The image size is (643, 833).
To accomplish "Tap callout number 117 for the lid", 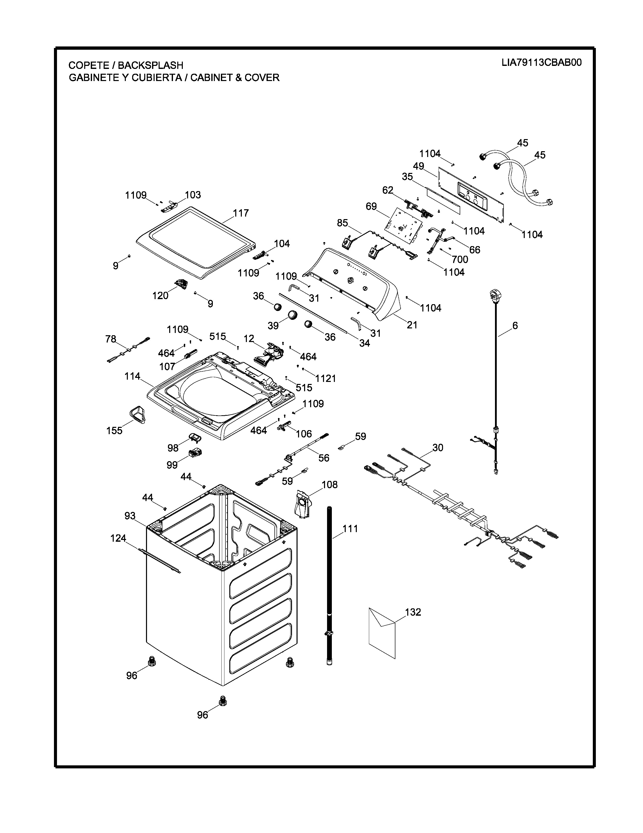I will pos(241,213).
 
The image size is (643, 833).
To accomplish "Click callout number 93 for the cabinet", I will pos(130,516).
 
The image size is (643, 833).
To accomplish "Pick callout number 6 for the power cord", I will pos(515,325).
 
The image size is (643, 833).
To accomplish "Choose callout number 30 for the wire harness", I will pos(438,447).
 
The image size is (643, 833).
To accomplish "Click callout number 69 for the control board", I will pos(371,206).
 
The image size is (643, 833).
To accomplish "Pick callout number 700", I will pos(460,259).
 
